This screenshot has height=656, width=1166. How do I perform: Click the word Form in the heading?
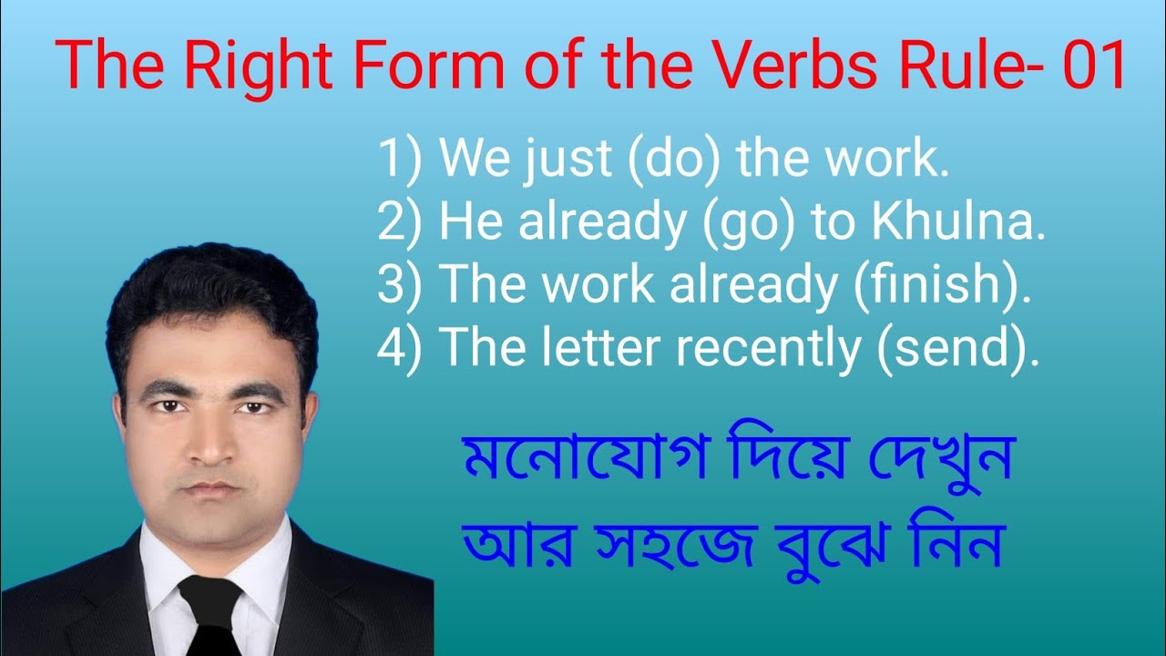[x=414, y=67]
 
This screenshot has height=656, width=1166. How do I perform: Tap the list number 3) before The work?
[x=401, y=287]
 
